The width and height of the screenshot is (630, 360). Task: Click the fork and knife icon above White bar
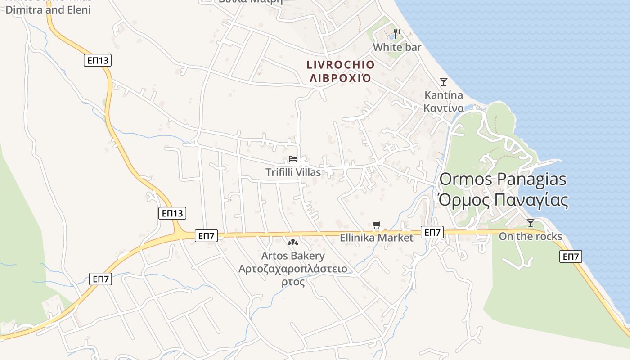point(397,34)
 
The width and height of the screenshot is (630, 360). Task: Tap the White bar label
point(397,47)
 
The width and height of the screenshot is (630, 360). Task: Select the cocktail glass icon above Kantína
point(444,82)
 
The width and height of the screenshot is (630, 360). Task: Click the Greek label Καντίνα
point(444,108)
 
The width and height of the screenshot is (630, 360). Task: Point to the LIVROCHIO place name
point(340,65)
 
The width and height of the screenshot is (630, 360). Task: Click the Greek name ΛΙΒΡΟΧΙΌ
point(340,78)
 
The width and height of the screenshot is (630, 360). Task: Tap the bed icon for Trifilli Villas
point(293,159)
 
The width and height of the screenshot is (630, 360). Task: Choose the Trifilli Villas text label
point(293,172)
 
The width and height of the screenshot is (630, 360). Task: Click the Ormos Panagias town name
point(503,179)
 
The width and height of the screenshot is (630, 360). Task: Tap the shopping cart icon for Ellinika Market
point(377,225)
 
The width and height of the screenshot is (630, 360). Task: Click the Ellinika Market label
point(376,238)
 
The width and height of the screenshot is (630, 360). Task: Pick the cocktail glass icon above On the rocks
point(531,223)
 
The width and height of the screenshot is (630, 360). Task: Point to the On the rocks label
point(531,237)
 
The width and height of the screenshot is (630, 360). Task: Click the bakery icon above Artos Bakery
point(293,243)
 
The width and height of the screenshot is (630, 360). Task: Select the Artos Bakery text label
point(293,256)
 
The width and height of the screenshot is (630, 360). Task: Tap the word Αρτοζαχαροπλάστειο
point(293,269)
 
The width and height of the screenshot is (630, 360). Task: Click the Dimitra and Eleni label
point(48,9)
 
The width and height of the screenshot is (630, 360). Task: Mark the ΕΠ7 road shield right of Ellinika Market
point(432,232)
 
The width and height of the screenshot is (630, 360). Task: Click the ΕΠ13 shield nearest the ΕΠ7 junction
point(172,213)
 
